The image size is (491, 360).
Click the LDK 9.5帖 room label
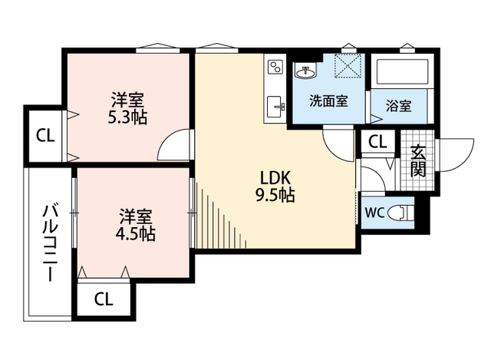tap(275, 187)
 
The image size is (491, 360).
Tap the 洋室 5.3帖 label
tap(127, 108)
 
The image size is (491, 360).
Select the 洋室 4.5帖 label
tap(135, 225)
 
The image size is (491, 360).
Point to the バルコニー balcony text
tap(50, 243)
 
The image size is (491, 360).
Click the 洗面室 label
tap(328, 101)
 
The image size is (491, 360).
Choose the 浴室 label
tap(399, 106)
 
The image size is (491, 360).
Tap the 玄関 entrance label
tap(417, 160)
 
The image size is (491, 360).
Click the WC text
tap(374, 213)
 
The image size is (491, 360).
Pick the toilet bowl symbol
tap(400, 213)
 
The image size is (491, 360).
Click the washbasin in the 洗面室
tap(305, 71)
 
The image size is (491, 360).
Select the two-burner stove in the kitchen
tap(275, 67)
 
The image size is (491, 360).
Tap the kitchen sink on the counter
tap(275, 107)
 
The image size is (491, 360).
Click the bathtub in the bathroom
tap(402, 71)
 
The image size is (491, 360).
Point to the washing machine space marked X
tap(348, 65)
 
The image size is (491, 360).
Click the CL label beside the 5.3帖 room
tap(45, 136)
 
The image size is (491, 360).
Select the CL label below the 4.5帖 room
tap(104, 299)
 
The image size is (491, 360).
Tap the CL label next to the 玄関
tap(377, 142)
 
